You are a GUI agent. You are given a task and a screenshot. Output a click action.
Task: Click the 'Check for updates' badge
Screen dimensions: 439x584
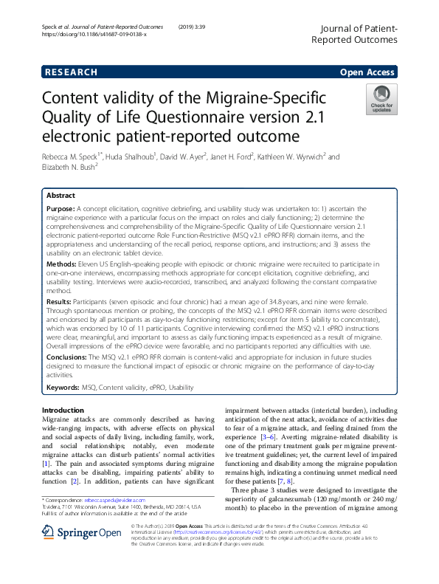pos(381,99)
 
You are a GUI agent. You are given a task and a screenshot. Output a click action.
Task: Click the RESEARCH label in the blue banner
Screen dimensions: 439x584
pos(71,72)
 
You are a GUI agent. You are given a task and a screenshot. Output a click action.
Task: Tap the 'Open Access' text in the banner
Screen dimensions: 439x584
pos(367,72)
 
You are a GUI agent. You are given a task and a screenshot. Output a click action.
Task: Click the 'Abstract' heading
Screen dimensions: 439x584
pos(61,196)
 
